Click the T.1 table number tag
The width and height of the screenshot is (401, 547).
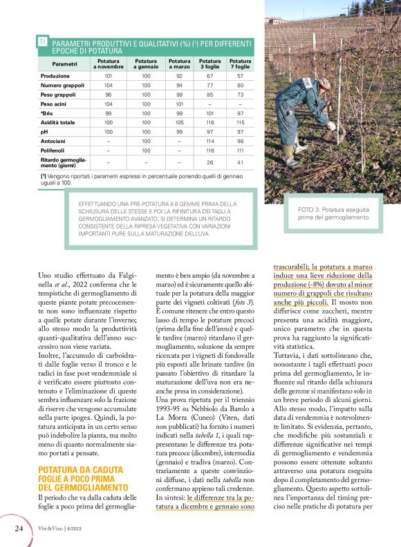[x=43, y=42]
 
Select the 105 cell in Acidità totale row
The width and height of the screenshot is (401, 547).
[x=180, y=122]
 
